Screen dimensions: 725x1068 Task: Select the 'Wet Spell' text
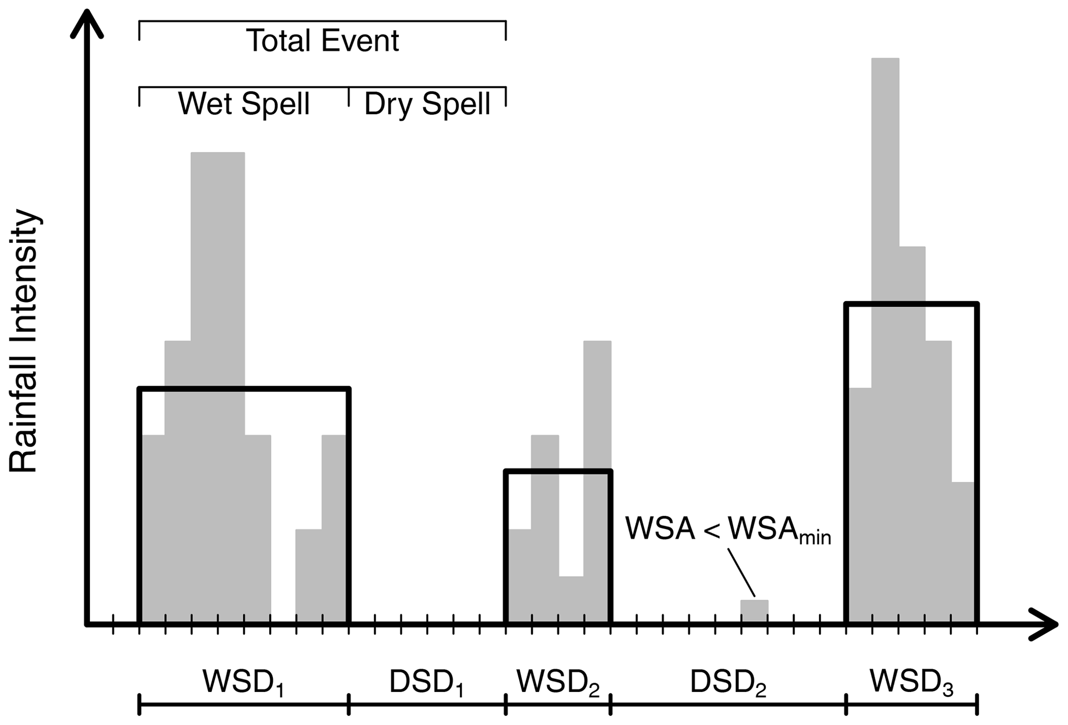[244, 104]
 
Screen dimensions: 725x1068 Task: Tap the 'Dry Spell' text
[427, 104]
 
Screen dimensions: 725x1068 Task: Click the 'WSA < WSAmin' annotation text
[728, 529]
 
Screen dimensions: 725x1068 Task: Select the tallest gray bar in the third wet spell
[885, 207]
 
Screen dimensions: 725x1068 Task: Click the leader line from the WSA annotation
[742, 573]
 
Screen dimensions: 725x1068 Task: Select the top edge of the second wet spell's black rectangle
[558, 471]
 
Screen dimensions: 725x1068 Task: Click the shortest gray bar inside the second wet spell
[571, 599]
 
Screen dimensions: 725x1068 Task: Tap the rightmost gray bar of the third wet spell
[963, 553]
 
